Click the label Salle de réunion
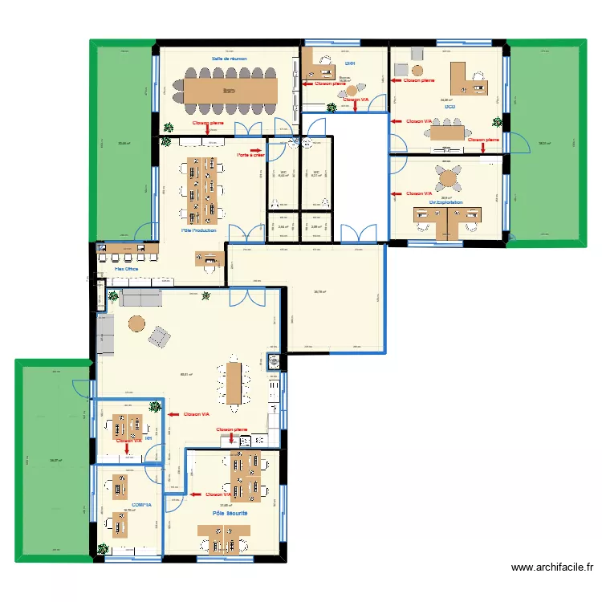coord(230,59)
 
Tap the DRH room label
coord(349,63)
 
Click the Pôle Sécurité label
coord(230,512)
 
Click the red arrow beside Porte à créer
coord(256,149)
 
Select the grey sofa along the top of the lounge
coord(140,299)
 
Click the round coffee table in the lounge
coord(136,324)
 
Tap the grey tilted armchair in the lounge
coord(160,336)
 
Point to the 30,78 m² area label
coord(319,292)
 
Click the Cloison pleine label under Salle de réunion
coord(208,123)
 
